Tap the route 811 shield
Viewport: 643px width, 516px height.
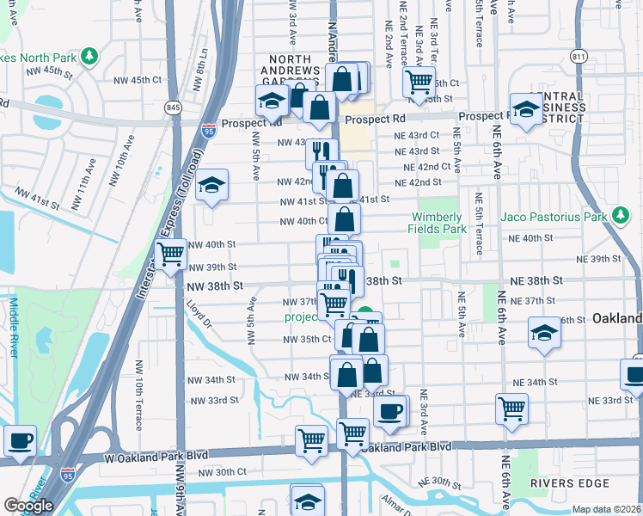coord(578,57)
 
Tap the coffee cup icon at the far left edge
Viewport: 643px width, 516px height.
coord(20,441)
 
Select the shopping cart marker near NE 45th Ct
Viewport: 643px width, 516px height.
coord(419,82)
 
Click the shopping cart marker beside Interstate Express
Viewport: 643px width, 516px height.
coord(171,255)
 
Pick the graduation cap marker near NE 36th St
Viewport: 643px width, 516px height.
coord(544,333)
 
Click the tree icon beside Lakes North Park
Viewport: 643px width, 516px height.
coord(90,57)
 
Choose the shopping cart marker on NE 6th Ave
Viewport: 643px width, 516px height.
coord(511,408)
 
